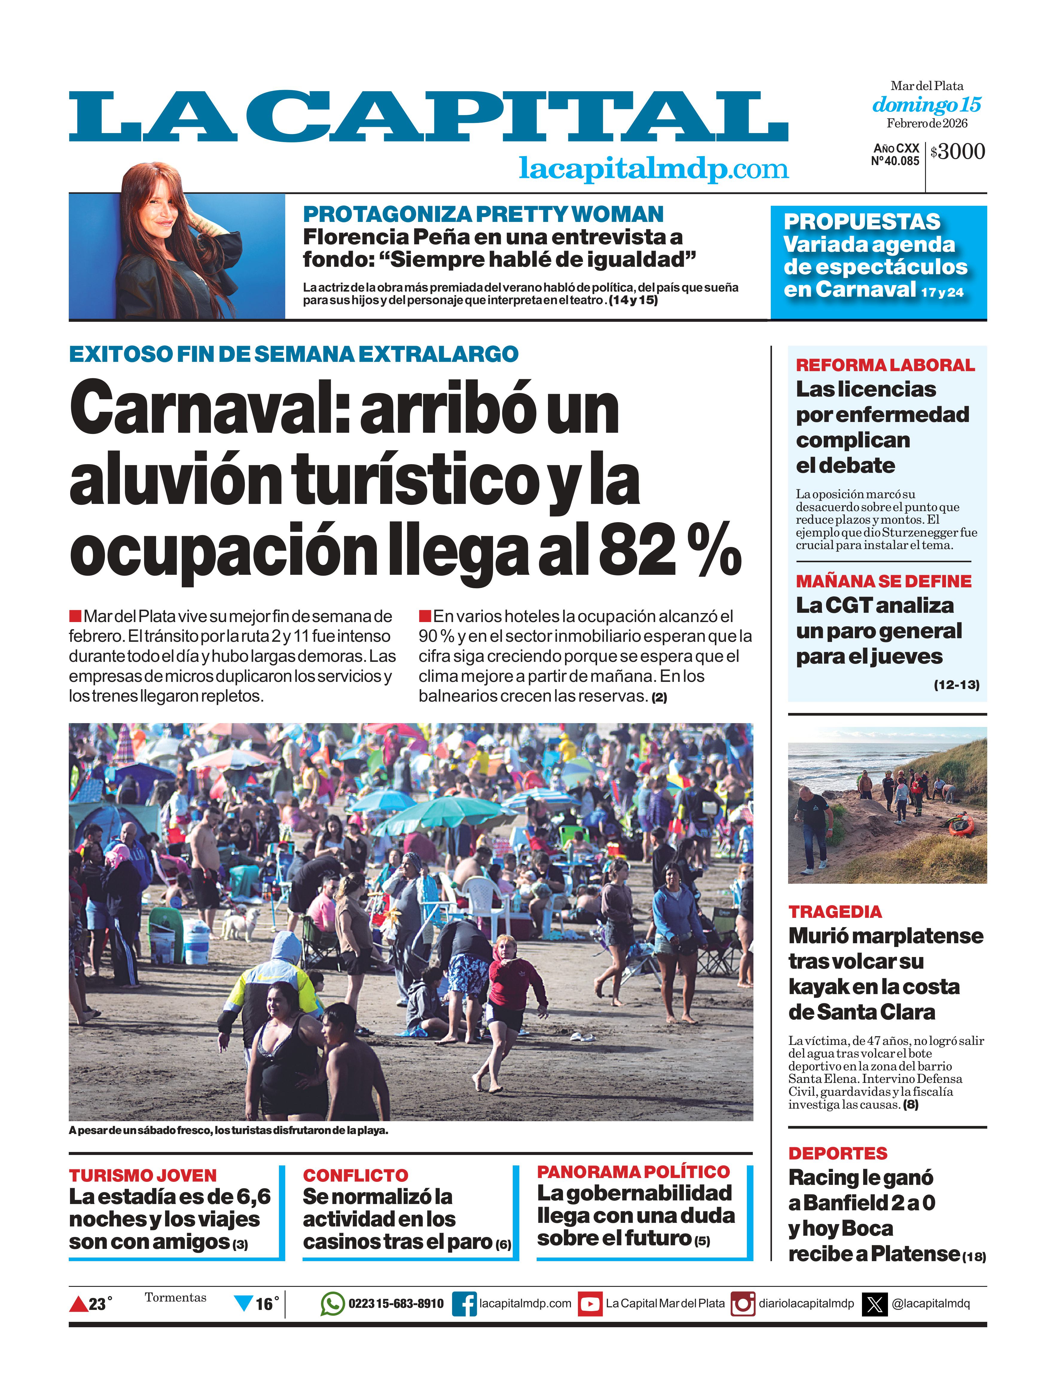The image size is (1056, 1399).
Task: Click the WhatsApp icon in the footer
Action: pyautogui.click(x=332, y=1304)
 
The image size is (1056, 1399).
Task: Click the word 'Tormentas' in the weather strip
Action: pyautogui.click(x=175, y=1297)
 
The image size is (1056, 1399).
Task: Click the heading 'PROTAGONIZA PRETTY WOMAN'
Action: pyautogui.click(x=483, y=214)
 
